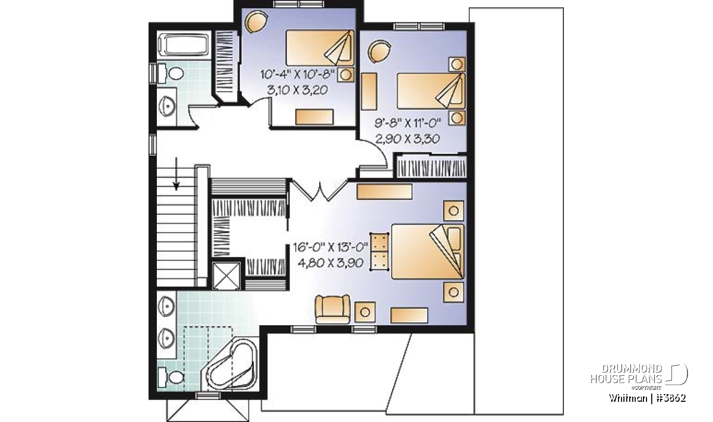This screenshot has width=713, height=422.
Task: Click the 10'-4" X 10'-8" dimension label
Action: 298,75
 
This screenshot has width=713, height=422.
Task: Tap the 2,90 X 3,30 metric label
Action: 408,139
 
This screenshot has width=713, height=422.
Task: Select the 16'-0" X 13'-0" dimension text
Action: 330,247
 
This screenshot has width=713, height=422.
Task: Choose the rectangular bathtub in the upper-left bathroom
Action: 184,45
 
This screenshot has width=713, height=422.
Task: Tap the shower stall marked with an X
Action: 226,276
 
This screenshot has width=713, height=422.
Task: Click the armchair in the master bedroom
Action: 332,309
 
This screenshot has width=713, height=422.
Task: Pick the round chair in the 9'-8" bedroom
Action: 379,51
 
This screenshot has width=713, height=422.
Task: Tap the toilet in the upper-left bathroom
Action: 171,74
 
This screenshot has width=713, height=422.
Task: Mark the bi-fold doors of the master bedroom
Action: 320,190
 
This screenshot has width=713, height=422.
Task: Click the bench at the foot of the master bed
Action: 380,252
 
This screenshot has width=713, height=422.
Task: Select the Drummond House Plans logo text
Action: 626,374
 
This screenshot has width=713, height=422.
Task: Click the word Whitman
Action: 627,398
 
